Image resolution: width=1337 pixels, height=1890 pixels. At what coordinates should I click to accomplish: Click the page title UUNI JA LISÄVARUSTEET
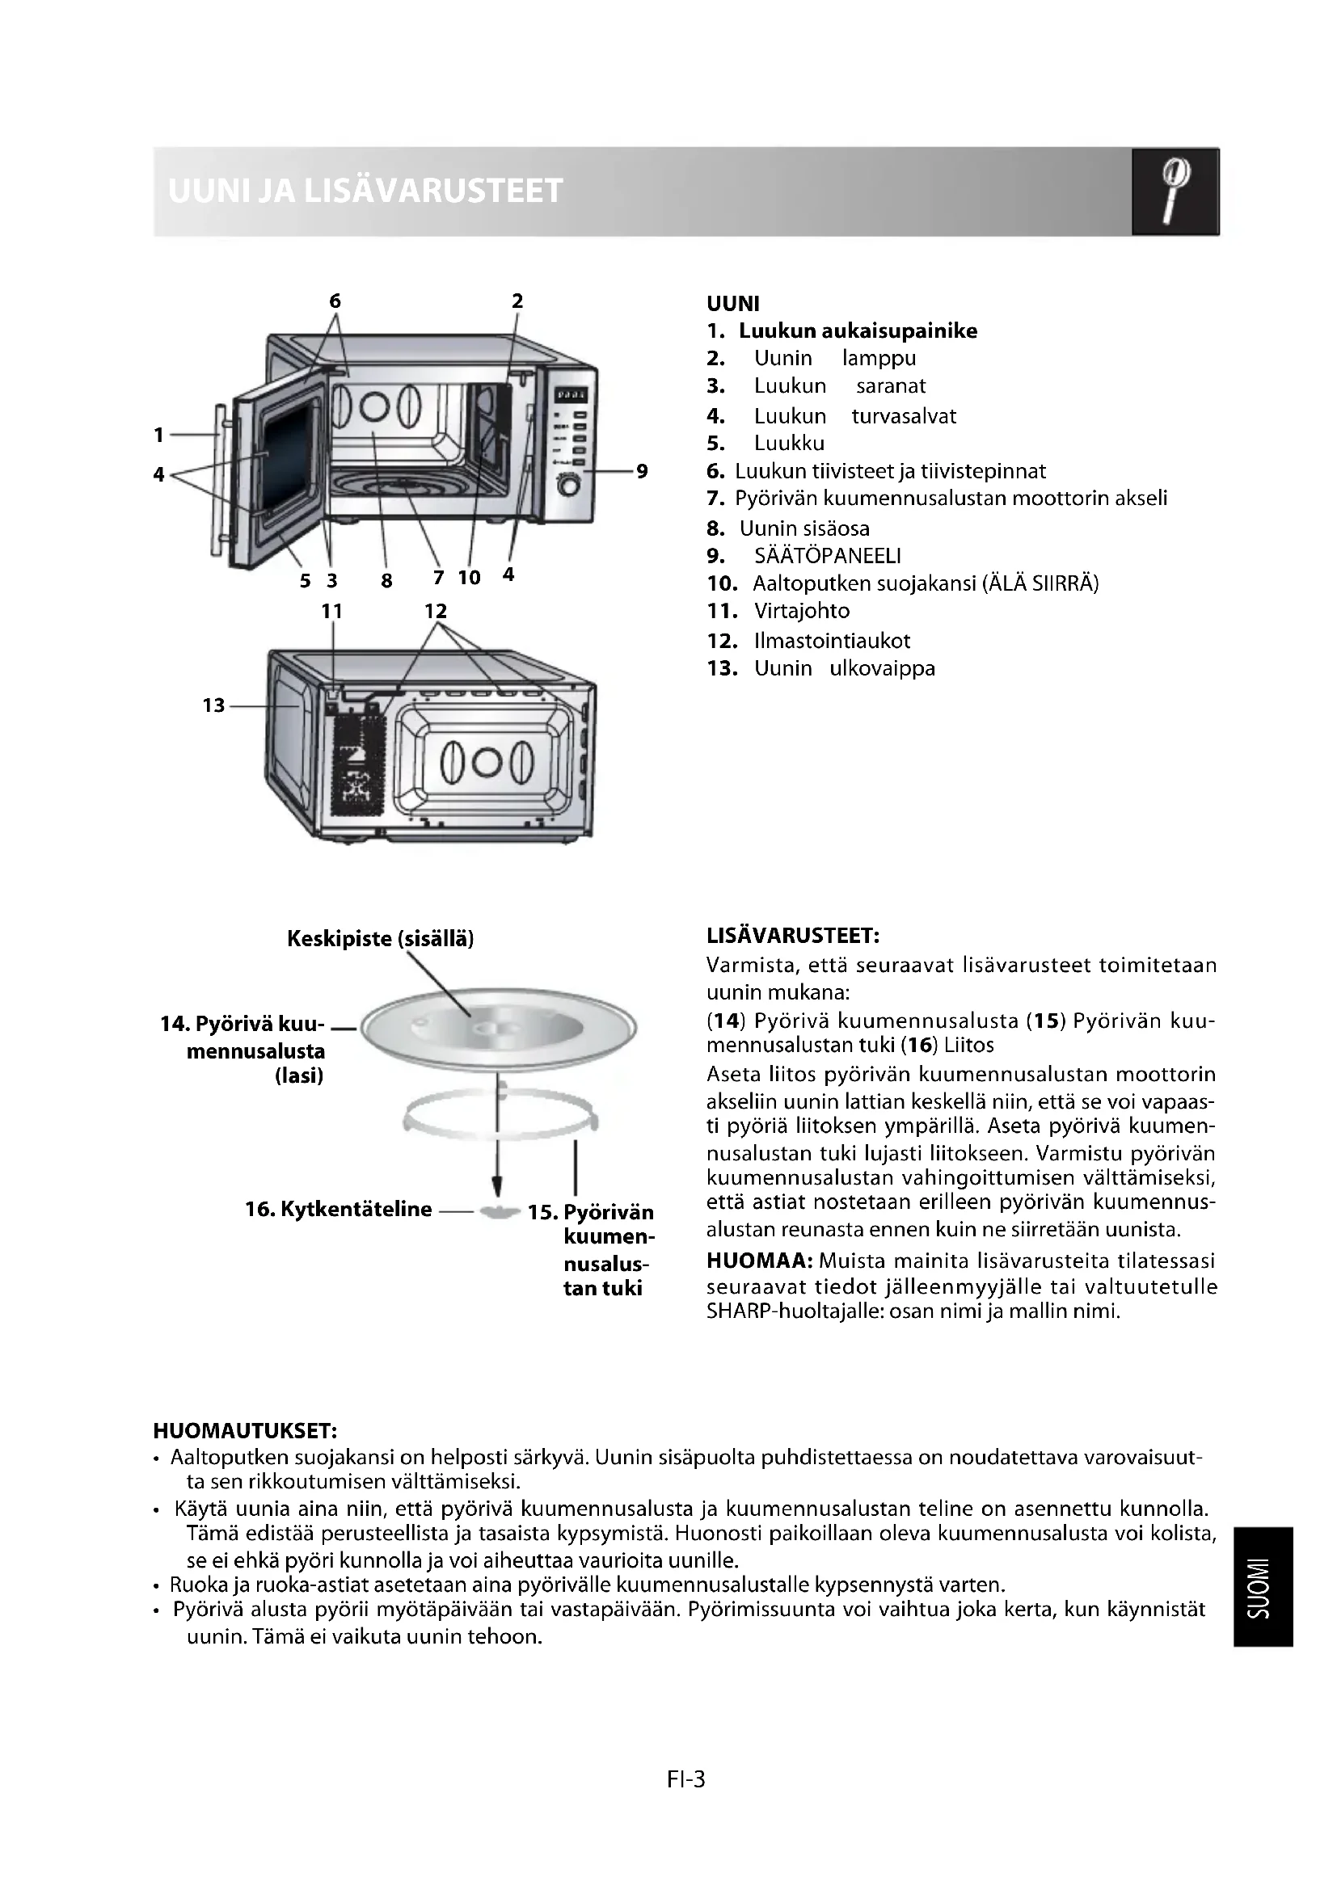click(365, 191)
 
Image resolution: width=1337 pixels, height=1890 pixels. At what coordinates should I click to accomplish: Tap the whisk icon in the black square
click(1175, 192)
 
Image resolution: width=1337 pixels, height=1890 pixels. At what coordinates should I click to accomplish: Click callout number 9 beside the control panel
click(642, 472)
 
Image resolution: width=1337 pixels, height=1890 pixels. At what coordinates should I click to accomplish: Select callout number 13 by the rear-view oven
click(213, 705)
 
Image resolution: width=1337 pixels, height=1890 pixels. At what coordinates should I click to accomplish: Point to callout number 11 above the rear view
click(331, 612)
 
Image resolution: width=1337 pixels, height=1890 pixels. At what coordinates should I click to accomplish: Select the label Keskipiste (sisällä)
click(381, 939)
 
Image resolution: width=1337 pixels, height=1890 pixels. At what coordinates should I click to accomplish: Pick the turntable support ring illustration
click(500, 1116)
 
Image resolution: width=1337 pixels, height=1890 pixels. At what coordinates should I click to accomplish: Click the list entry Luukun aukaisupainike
click(858, 331)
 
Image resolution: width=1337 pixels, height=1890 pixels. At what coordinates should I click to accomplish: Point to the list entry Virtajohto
click(802, 611)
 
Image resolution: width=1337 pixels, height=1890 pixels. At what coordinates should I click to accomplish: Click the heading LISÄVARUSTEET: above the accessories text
click(793, 936)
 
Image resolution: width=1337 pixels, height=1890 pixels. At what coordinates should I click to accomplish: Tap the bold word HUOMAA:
click(760, 1261)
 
